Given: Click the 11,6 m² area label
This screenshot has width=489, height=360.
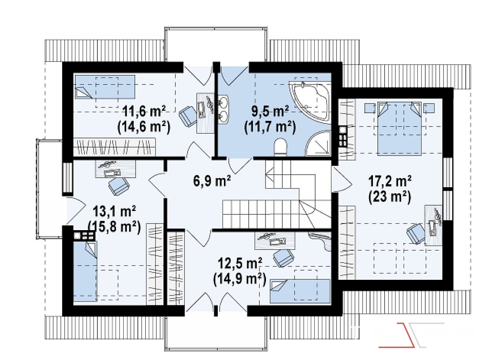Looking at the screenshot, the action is pyautogui.click(x=144, y=111).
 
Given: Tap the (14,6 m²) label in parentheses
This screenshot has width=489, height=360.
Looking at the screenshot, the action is pyautogui.click(x=144, y=127).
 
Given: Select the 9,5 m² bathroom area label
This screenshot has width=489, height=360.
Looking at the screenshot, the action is pyautogui.click(x=270, y=111).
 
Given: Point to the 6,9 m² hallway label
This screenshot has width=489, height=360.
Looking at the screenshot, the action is pyautogui.click(x=212, y=181).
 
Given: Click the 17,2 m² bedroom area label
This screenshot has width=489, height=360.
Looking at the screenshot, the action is pyautogui.click(x=390, y=181).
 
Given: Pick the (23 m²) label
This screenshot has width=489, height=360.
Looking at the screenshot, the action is pyautogui.click(x=390, y=197).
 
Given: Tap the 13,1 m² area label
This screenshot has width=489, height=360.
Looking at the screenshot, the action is pyautogui.click(x=115, y=212).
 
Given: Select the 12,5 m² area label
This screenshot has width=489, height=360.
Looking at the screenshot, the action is pyautogui.click(x=240, y=264).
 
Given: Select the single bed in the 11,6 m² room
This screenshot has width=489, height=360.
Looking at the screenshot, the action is pyautogui.click(x=105, y=86).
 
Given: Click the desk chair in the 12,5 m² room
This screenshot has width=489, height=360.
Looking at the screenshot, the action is pyautogui.click(x=283, y=258).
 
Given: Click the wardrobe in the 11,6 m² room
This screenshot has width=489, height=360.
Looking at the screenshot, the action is pyautogui.click(x=114, y=147).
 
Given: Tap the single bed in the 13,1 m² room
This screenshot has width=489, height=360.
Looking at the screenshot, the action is pyautogui.click(x=85, y=271).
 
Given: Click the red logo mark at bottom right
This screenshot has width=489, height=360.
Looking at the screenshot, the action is pyautogui.click(x=397, y=335).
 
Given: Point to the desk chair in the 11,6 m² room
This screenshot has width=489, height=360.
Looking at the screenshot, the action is pyautogui.click(x=188, y=115).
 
